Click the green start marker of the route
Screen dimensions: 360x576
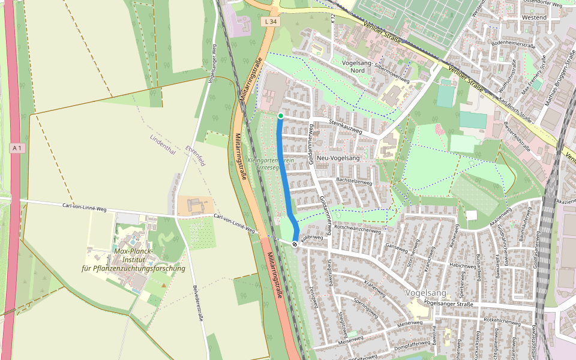(281, 116)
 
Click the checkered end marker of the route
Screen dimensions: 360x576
(295, 244)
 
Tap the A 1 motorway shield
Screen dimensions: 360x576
(18, 148)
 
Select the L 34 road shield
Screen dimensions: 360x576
(271, 21)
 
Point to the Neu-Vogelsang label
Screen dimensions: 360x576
(337, 158)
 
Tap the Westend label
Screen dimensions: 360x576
(535, 17)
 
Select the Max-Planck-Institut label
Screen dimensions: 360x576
(134, 259)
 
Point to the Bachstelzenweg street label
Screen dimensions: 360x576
(355, 181)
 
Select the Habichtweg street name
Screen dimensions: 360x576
(463, 265)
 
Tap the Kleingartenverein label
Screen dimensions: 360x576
(271, 161)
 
